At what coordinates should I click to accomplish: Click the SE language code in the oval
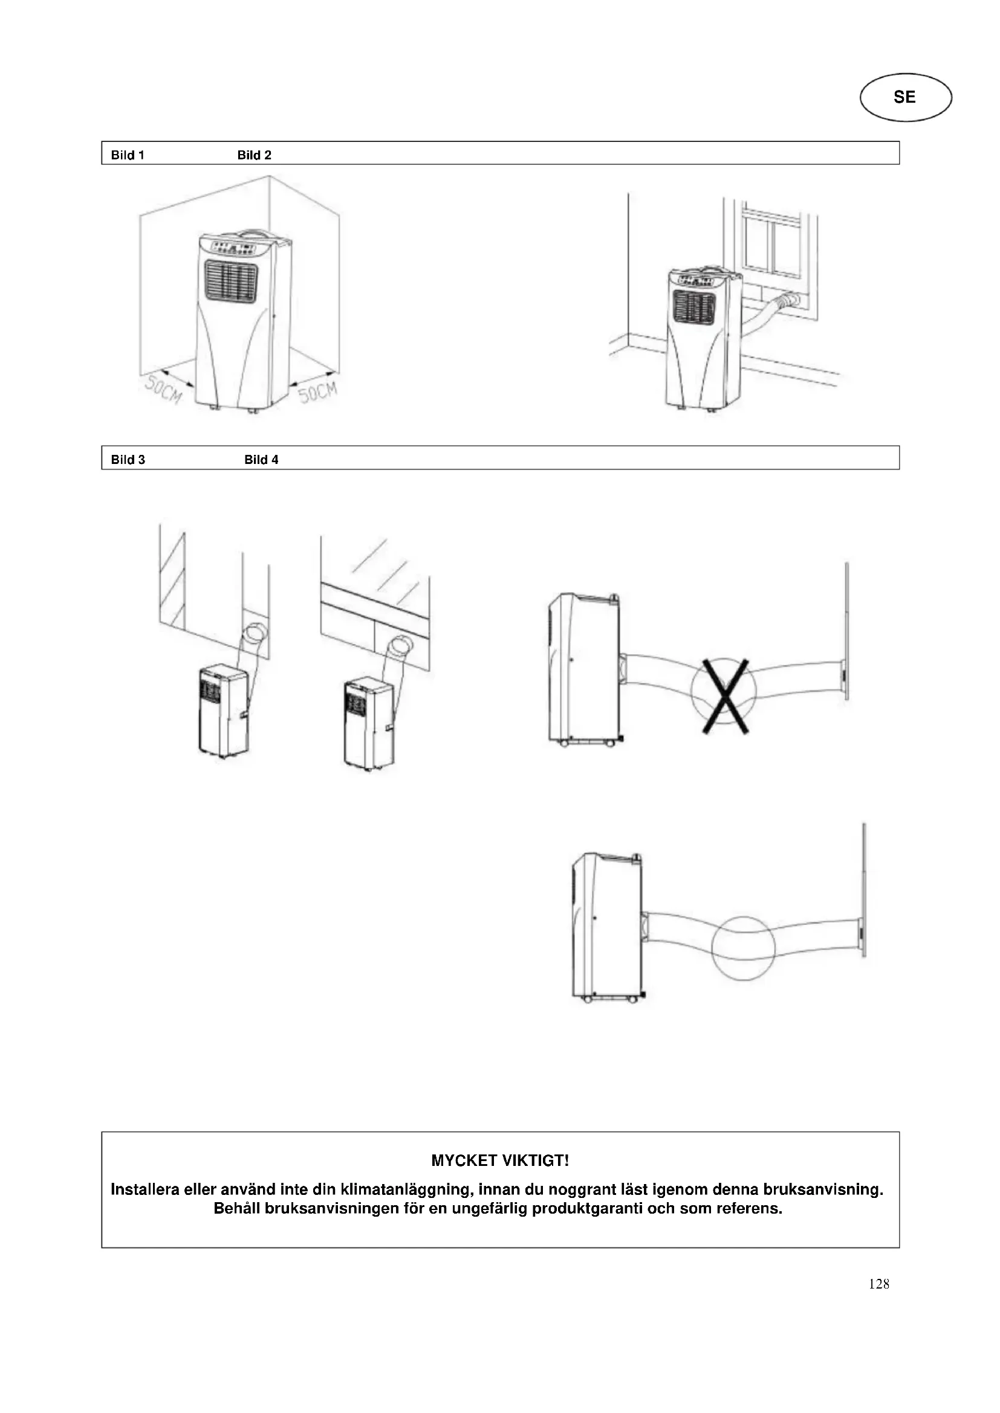tap(904, 97)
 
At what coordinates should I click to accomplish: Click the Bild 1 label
tap(128, 155)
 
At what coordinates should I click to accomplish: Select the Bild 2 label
tap(255, 155)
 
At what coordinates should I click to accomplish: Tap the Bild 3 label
tap(128, 459)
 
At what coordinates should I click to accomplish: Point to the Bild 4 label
tap(261, 459)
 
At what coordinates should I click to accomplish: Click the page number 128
tap(878, 1283)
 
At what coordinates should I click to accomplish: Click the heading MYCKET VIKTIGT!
tap(500, 1160)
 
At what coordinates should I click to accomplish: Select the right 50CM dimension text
tap(319, 392)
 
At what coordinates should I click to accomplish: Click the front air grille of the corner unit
tap(231, 282)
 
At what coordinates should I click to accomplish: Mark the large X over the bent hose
tap(725, 696)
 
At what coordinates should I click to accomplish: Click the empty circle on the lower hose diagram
tap(742, 948)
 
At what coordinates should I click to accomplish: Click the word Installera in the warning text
tap(144, 1189)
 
